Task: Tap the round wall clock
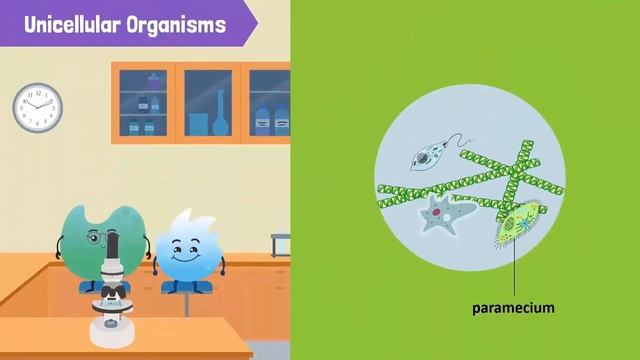[x=37, y=107]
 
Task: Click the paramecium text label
[x=513, y=308]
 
